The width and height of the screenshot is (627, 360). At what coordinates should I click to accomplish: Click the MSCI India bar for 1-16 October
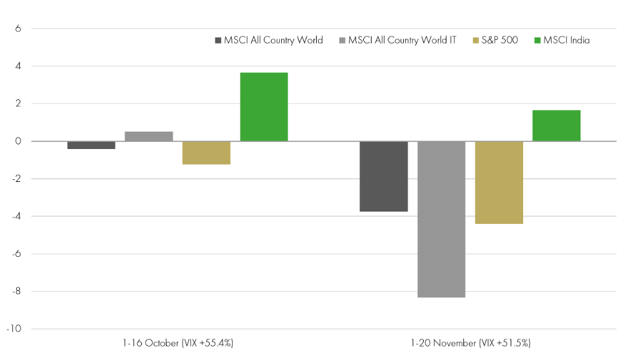[x=264, y=107]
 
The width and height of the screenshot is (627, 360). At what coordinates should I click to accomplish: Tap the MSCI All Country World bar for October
[x=92, y=145]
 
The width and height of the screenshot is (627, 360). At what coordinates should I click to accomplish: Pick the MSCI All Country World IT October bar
[x=149, y=136]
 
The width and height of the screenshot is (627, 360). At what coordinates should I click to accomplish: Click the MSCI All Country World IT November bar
[x=441, y=219]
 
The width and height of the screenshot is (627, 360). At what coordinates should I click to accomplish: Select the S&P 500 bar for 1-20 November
[x=499, y=183]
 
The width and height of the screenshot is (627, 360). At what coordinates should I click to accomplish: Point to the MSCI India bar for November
[x=556, y=126]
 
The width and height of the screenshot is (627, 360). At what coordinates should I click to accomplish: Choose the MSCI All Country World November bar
[x=384, y=176]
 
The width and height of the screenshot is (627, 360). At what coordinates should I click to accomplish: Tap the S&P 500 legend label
[x=501, y=40]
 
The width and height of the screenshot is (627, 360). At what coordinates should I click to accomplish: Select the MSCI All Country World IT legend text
[x=402, y=40]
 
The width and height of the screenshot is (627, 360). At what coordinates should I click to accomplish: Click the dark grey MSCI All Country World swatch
[x=219, y=40]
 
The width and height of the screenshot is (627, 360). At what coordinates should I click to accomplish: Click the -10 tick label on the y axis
[x=15, y=329]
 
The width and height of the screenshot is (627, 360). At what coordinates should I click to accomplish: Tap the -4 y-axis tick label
[x=17, y=217]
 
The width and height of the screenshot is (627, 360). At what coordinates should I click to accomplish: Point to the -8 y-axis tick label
[x=17, y=292]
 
